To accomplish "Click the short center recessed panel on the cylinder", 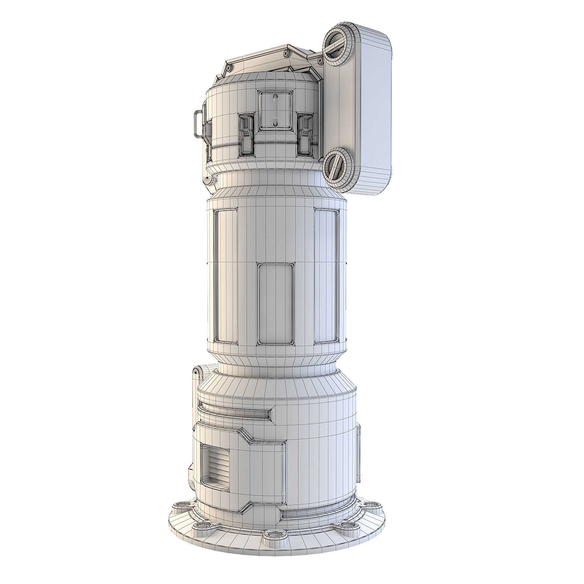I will click(x=276, y=304).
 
